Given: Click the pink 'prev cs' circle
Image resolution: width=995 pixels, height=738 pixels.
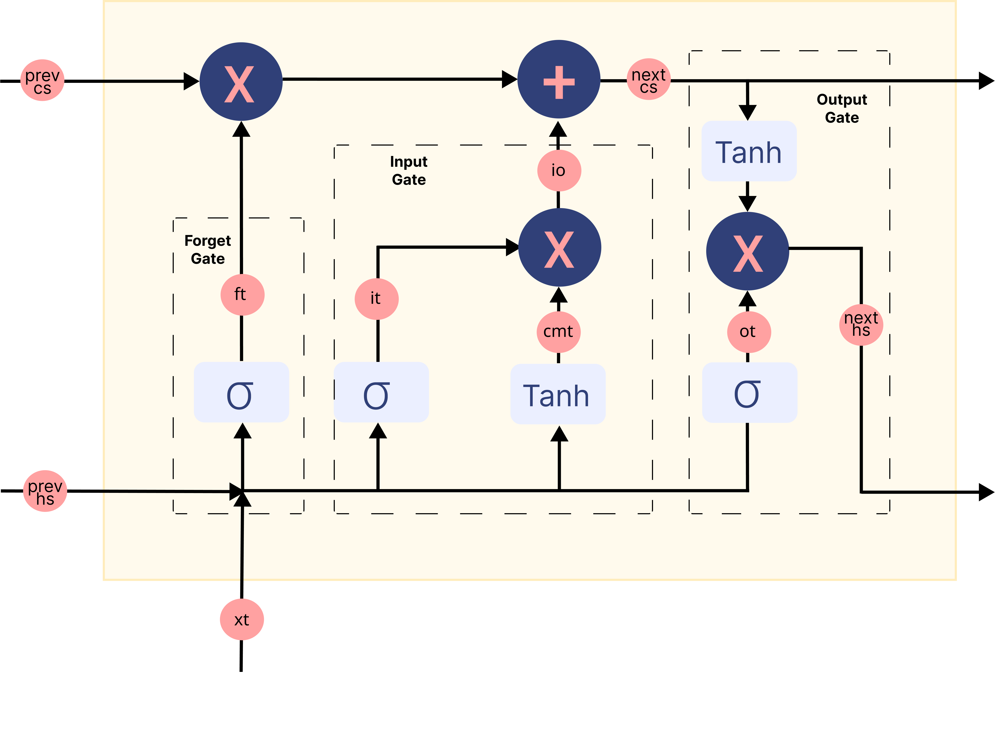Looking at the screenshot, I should click(x=42, y=81).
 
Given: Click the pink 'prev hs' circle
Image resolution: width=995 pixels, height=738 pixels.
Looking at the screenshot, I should click(x=45, y=491).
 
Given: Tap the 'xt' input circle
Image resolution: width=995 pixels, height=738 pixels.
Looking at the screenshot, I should click(x=242, y=620).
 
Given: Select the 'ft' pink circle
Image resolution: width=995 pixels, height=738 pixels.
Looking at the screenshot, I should click(x=242, y=295).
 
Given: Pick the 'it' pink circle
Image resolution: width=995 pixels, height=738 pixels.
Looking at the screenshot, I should click(x=377, y=299).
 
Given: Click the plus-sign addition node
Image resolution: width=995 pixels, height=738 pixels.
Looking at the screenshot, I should click(x=559, y=79).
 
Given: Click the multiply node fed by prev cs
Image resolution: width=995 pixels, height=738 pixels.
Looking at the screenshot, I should click(x=241, y=82).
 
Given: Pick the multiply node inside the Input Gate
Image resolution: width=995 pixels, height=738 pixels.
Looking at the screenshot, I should click(x=560, y=247).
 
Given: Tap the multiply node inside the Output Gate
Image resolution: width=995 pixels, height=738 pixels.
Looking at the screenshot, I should click(x=748, y=251).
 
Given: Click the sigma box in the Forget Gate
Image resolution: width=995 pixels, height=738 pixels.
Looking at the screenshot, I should click(x=241, y=392).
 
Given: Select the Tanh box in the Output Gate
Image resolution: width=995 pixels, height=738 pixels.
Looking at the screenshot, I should click(x=749, y=151).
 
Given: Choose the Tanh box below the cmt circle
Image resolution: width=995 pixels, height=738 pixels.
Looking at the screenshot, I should click(x=558, y=394).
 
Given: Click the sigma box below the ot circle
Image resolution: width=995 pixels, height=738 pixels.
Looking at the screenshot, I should click(x=749, y=393).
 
